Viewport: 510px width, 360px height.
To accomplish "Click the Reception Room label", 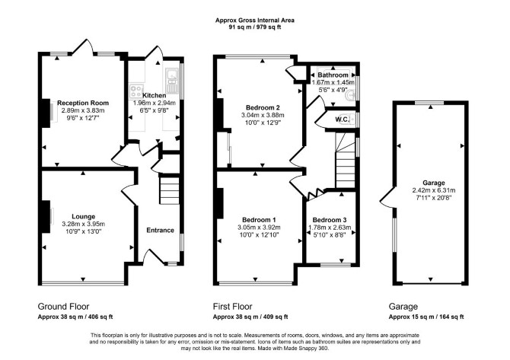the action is (x=83, y=103).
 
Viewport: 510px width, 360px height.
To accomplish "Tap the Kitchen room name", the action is (x=155, y=96).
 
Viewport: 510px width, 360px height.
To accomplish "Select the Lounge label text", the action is (x=83, y=217).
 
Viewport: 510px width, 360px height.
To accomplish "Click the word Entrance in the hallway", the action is (x=160, y=231).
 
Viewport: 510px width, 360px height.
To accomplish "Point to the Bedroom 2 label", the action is (x=263, y=107).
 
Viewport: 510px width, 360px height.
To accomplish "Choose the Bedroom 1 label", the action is (x=260, y=220).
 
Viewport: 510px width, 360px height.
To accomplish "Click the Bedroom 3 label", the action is (x=330, y=220).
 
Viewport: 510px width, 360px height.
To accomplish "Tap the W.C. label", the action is (x=343, y=119).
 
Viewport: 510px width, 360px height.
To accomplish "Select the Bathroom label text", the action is (x=333, y=75).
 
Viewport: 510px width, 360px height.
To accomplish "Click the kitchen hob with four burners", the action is (x=136, y=91).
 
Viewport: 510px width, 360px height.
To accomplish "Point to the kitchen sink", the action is (x=171, y=81).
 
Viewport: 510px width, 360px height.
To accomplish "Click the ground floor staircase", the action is (x=170, y=190).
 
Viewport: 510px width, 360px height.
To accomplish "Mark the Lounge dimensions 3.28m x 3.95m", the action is (x=83, y=224).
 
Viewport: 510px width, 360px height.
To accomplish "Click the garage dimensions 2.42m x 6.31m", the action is (x=434, y=190).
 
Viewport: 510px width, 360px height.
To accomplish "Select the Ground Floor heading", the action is (x=63, y=306).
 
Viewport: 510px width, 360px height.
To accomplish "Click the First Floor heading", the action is (x=233, y=306).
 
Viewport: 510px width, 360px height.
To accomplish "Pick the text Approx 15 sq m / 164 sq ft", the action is (x=426, y=317).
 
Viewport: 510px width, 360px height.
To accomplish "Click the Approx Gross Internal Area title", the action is (x=255, y=20).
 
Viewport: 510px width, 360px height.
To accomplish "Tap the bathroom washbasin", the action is (x=350, y=96).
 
